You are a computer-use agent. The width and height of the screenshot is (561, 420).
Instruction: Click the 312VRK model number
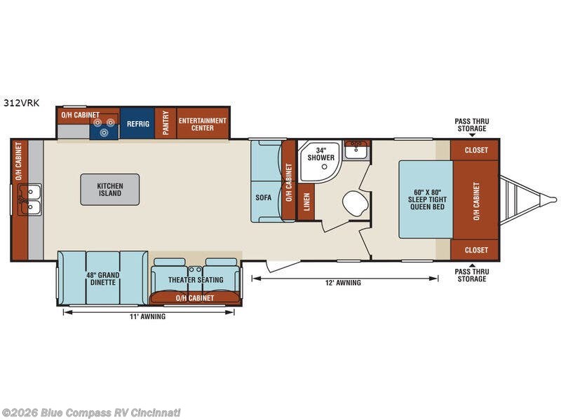point(22,103)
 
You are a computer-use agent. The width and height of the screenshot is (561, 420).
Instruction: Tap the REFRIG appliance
point(137,123)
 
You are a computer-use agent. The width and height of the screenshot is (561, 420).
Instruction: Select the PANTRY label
point(165,123)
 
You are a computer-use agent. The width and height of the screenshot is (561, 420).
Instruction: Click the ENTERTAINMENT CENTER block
point(203,123)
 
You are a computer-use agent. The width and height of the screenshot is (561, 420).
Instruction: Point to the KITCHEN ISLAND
point(110,190)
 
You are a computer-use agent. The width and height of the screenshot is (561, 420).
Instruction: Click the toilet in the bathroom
point(356,203)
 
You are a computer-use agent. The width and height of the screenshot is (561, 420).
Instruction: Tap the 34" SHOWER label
point(321,154)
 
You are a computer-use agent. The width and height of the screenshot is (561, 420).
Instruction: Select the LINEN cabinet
point(306,202)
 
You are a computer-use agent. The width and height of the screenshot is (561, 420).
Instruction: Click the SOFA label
point(264,197)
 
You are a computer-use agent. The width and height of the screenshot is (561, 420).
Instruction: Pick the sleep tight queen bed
point(426,199)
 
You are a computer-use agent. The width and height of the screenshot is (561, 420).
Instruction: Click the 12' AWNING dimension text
point(343,283)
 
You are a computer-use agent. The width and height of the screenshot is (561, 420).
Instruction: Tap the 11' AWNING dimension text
point(147,316)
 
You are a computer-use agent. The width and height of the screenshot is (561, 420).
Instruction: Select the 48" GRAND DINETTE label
point(102,279)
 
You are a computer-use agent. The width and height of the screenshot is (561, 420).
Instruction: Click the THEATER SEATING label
point(196,279)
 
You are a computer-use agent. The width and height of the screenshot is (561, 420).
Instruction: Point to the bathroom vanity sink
point(356,150)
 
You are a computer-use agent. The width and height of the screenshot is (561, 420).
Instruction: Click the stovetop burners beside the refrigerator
point(104,127)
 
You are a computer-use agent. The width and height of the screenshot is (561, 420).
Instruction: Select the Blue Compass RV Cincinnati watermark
point(90,413)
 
